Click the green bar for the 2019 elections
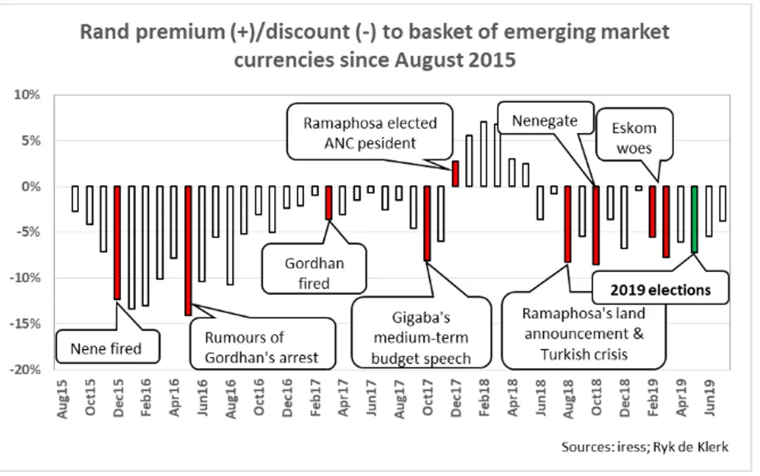pos(694,219)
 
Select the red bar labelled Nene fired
pos(118,243)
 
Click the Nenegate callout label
pos(544,121)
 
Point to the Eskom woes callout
pos(633,138)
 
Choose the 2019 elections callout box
pos(661,290)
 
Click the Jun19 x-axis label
pos(708,395)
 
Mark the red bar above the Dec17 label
pos(455,174)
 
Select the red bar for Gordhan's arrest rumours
pos(188,251)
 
